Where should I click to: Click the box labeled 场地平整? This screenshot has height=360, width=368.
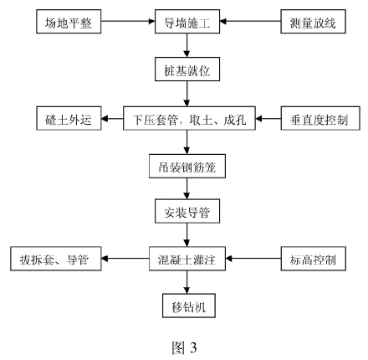point(69,22)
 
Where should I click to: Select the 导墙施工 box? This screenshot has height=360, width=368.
point(187,22)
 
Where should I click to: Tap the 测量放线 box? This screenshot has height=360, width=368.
point(313,22)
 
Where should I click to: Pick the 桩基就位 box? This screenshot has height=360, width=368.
point(187,69)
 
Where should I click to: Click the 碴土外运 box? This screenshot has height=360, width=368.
point(69,118)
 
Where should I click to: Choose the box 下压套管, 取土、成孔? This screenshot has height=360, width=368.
point(189,118)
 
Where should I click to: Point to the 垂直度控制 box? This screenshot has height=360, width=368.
point(320,118)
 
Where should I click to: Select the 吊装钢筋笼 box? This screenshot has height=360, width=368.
point(187,167)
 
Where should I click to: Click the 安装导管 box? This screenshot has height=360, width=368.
point(187,211)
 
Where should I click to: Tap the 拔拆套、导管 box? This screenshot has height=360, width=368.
point(56,259)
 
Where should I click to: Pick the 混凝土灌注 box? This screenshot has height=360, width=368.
point(187,259)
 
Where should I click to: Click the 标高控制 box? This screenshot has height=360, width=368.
point(314,259)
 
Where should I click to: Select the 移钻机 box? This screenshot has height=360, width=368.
point(189,306)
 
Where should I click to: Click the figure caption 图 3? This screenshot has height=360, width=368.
point(184,347)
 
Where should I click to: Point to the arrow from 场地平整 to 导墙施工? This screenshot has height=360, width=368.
point(128,21)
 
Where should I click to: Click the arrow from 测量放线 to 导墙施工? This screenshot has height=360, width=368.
point(250,21)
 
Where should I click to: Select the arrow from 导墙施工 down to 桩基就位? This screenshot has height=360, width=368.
point(187,45)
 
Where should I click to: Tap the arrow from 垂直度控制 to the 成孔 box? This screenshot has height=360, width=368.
point(268,119)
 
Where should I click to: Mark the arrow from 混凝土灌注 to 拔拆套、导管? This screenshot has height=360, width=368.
point(125,259)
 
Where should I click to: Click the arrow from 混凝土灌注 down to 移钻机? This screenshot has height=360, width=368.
point(187,282)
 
